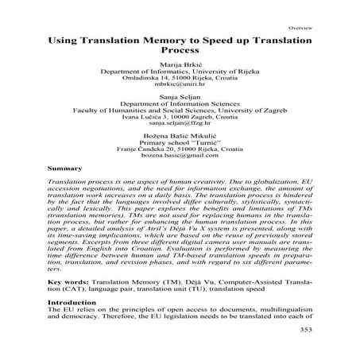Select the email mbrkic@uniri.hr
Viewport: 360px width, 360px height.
point(179,87)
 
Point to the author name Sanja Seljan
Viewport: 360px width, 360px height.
point(179,102)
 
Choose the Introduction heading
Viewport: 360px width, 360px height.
point(72,325)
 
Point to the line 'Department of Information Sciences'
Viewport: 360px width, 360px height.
point(179,110)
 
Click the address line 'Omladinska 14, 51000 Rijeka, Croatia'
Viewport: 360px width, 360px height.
point(179,79)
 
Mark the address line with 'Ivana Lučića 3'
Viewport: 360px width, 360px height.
point(179,124)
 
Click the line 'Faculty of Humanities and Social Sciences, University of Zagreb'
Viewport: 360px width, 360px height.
point(179,117)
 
